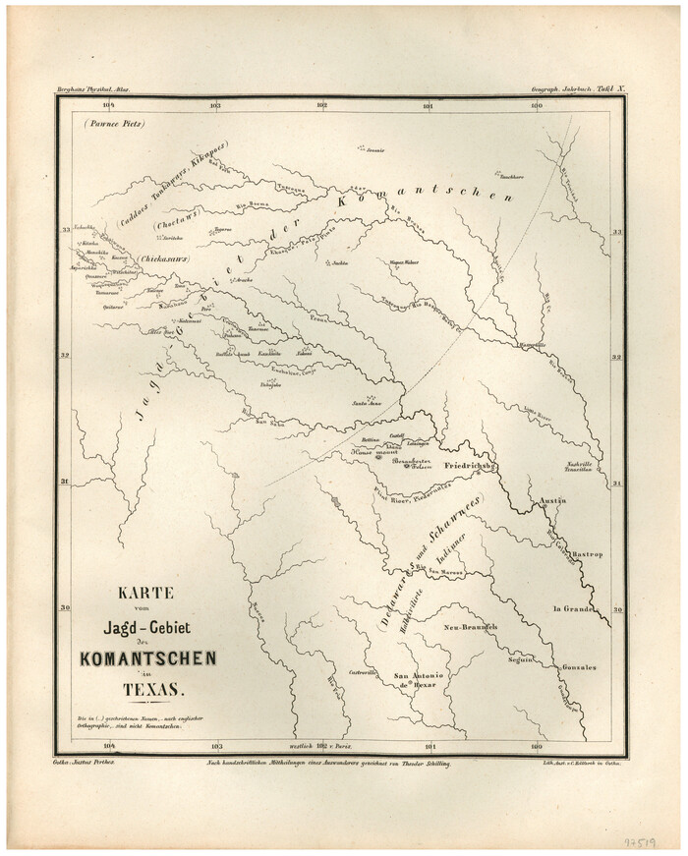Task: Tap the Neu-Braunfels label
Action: pyautogui.click(x=472, y=626)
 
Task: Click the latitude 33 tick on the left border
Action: pyautogui.click(x=67, y=230)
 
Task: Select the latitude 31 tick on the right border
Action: pyautogui.click(x=618, y=483)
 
